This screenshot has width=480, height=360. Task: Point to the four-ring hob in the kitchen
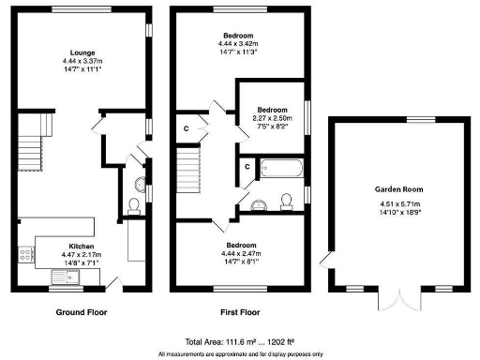pos(25,252)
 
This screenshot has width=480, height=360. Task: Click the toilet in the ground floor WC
pos(134,203)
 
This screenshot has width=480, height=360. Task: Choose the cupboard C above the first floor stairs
pos(187,128)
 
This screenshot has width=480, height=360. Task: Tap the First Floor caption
pos(239,312)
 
